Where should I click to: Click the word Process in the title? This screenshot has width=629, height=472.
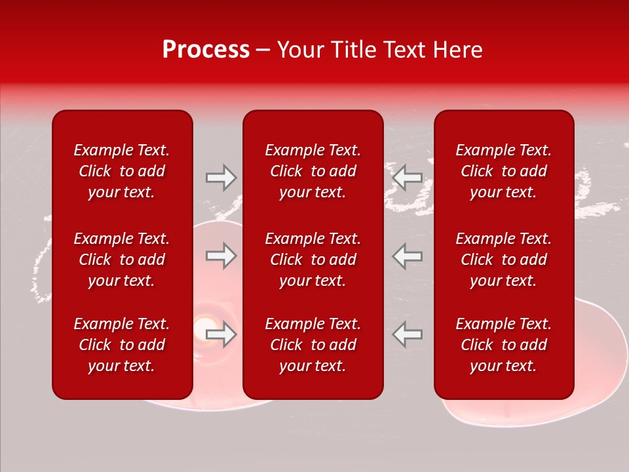206,50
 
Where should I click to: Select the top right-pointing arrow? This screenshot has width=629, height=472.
221,178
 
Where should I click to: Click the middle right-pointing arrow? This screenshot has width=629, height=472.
221,256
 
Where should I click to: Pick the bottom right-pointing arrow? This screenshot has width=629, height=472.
221,334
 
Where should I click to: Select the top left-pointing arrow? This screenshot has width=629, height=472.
407,178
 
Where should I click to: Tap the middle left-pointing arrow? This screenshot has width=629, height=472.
407,256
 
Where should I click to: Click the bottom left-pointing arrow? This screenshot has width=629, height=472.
407,334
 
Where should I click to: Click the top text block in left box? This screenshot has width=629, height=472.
122,171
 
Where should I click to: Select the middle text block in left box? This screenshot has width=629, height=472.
122,260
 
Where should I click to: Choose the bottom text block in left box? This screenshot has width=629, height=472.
122,345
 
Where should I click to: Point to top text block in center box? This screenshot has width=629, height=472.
313,171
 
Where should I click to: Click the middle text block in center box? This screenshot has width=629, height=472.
313,260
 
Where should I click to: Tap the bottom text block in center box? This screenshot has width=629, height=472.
313,345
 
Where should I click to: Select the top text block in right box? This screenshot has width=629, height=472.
503,171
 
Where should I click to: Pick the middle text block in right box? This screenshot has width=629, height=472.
503,260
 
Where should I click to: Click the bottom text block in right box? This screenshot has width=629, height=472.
503,345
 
